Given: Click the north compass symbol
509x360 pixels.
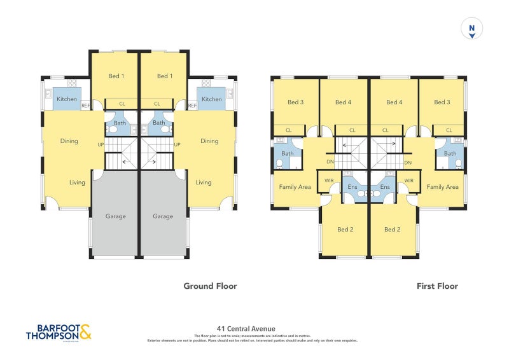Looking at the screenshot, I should pos(471,29).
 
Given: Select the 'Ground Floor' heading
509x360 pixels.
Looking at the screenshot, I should pos(210,286).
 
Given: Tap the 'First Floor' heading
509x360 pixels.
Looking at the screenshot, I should pos(437,286).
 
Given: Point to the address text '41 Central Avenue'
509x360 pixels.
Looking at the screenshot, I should pos(246,329).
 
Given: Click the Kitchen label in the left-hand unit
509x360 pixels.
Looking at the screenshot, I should pos(67,99).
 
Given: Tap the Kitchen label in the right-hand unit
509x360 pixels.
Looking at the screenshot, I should pos(212,99).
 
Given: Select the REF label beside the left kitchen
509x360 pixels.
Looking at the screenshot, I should pos(85,106).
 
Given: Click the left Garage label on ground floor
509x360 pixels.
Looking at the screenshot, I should pos(116,216).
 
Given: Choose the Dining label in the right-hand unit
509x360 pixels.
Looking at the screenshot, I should pos(209,141).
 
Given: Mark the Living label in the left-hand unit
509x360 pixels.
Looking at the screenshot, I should pos(77,183).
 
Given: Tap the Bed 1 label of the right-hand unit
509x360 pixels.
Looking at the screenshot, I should pos(164,76).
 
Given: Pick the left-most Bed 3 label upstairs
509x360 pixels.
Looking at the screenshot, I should pos(295,102).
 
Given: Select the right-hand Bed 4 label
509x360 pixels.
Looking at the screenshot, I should pos(394,102).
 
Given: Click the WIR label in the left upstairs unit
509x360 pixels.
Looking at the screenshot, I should pos(328,181).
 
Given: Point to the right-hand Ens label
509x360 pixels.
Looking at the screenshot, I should pos(385,187).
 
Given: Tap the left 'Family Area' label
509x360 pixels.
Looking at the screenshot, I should pos(295,187).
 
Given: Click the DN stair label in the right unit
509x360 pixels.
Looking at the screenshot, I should pos(407,162).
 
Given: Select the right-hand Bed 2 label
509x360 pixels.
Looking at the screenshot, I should pos(393,230).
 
